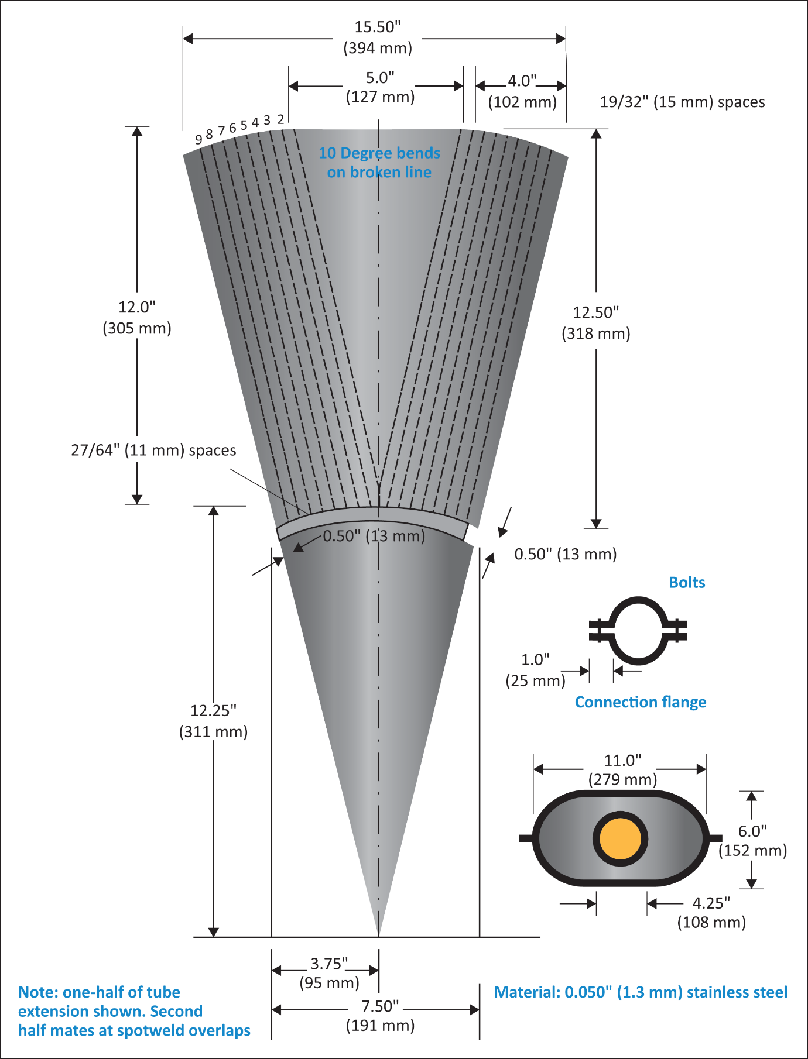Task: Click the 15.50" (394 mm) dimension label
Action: (x=378, y=37)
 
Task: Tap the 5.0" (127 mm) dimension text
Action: (x=381, y=87)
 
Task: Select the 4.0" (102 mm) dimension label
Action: (x=522, y=91)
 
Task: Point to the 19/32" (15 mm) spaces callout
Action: (x=682, y=102)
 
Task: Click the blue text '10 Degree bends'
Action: (x=379, y=153)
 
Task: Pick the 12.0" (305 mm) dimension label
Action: (x=137, y=317)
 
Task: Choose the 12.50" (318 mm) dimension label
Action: (x=596, y=323)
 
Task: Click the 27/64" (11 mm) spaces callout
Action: (x=153, y=450)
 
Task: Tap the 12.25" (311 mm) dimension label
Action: (x=213, y=721)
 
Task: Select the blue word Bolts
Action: (x=687, y=582)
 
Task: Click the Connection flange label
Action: (x=641, y=702)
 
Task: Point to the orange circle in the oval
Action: (x=621, y=838)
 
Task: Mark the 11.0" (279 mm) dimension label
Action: (x=622, y=769)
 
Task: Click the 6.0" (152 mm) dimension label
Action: (x=752, y=840)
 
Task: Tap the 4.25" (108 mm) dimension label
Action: (x=711, y=913)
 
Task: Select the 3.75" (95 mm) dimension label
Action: (x=329, y=973)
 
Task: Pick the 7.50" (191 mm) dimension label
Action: (x=380, y=1016)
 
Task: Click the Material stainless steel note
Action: (x=641, y=992)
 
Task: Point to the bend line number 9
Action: (x=199, y=139)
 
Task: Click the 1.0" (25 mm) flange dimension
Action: (x=535, y=670)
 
